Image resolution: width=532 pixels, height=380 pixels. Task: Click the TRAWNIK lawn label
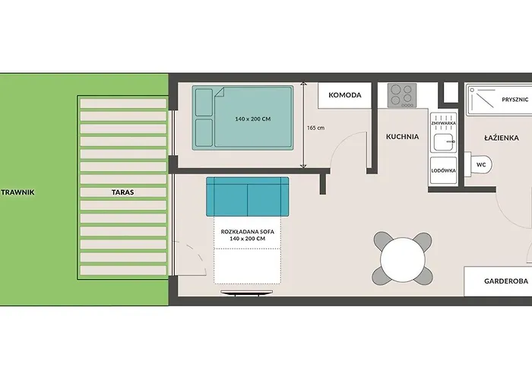click(18, 192)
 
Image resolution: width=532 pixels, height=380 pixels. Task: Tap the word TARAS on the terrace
click(123, 192)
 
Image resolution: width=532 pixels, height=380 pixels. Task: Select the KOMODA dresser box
click(345, 95)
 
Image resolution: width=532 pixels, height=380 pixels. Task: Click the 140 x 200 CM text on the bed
click(253, 119)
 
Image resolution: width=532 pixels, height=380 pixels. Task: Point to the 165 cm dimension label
click(315, 128)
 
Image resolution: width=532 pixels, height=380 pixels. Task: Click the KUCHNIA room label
click(402, 137)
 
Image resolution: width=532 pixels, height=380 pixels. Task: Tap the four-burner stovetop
click(402, 95)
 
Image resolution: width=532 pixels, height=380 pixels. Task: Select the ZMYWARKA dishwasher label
click(443, 123)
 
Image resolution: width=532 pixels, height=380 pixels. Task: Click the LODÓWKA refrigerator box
click(443, 171)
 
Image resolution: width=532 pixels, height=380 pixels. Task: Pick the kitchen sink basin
click(444, 142)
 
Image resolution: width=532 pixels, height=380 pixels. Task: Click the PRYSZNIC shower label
click(515, 100)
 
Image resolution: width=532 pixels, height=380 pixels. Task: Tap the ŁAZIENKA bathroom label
click(502, 138)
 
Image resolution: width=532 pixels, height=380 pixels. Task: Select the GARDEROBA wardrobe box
click(498, 281)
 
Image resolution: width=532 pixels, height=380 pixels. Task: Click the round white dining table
click(403, 259)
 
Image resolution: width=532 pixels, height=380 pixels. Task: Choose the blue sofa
click(248, 196)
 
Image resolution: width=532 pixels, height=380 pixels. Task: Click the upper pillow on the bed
click(204, 102)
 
